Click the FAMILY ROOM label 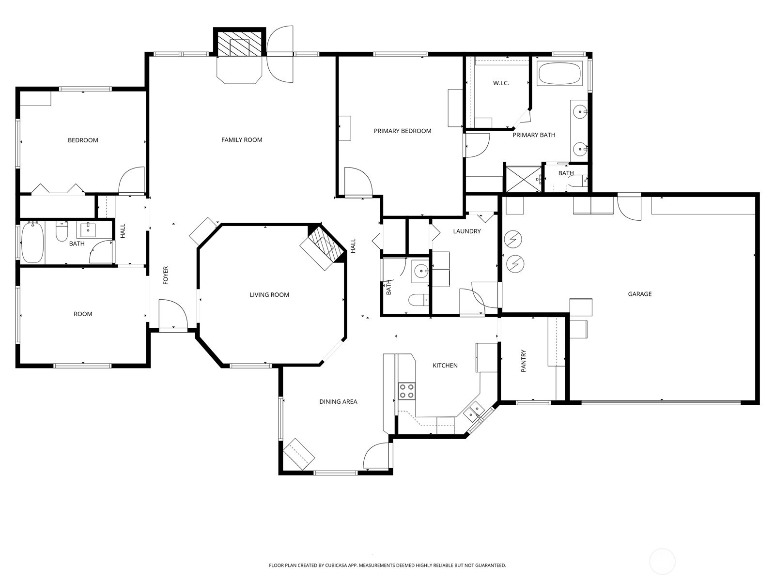coord(242,140)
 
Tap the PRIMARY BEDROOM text coord(403,131)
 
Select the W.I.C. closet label coord(501,83)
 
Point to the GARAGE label coord(640,294)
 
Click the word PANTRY coord(524,361)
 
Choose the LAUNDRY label coord(467,231)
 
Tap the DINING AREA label coord(338,401)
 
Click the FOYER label coord(166,275)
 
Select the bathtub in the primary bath coord(559,74)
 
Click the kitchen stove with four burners coord(406,391)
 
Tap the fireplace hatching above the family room coord(239,44)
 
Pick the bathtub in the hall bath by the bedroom coord(32,243)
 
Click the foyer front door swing coord(172,314)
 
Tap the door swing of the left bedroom coord(132,180)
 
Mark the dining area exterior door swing coord(376,456)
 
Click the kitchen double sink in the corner coord(473,412)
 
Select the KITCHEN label coord(445,366)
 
